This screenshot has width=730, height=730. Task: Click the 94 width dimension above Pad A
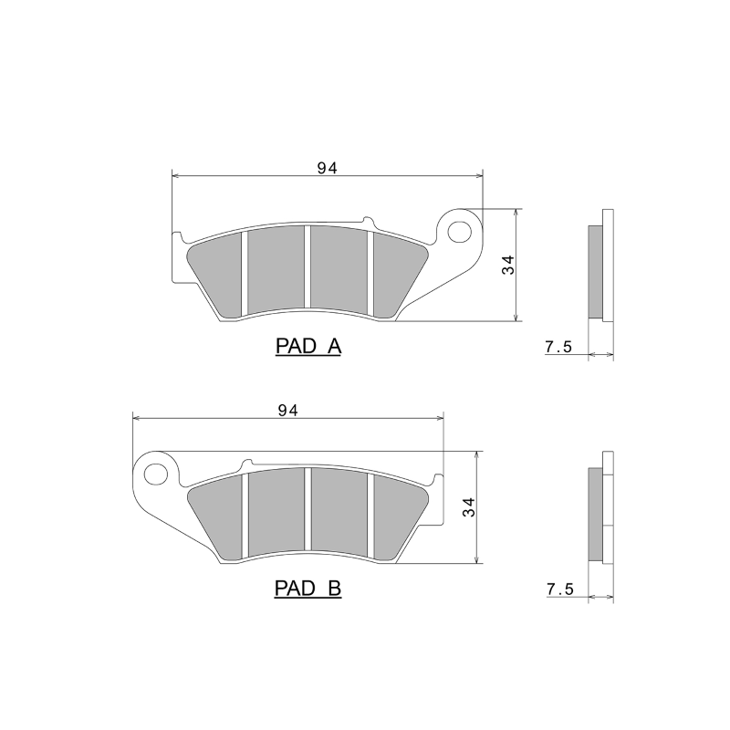coord(328,167)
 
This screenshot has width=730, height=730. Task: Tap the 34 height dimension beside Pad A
coord(508,265)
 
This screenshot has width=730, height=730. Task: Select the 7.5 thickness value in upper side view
coord(558,348)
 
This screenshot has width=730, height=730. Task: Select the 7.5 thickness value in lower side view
coord(558,590)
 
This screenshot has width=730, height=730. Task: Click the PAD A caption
coord(308,347)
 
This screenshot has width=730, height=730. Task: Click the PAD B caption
coord(308,589)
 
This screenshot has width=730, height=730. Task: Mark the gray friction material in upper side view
coord(594,271)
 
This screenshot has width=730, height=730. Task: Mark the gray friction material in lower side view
coord(594,514)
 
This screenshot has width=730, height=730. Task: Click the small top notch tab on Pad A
coord(367,222)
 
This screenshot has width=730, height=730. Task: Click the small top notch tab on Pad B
coord(245,464)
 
